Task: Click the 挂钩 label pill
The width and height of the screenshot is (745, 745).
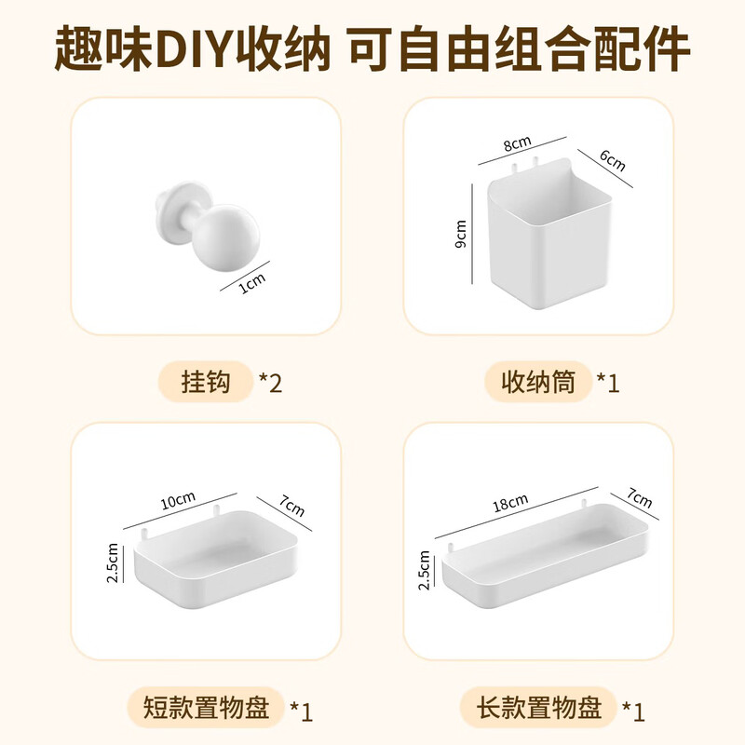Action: (x=206, y=382)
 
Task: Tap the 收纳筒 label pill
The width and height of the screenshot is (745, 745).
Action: (x=538, y=382)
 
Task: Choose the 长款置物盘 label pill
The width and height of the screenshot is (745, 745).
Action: (x=539, y=710)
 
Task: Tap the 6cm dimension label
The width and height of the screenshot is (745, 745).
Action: (x=612, y=161)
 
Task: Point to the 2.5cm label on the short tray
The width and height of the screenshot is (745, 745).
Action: (x=114, y=563)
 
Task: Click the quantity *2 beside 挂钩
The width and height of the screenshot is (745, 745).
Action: (x=270, y=382)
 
